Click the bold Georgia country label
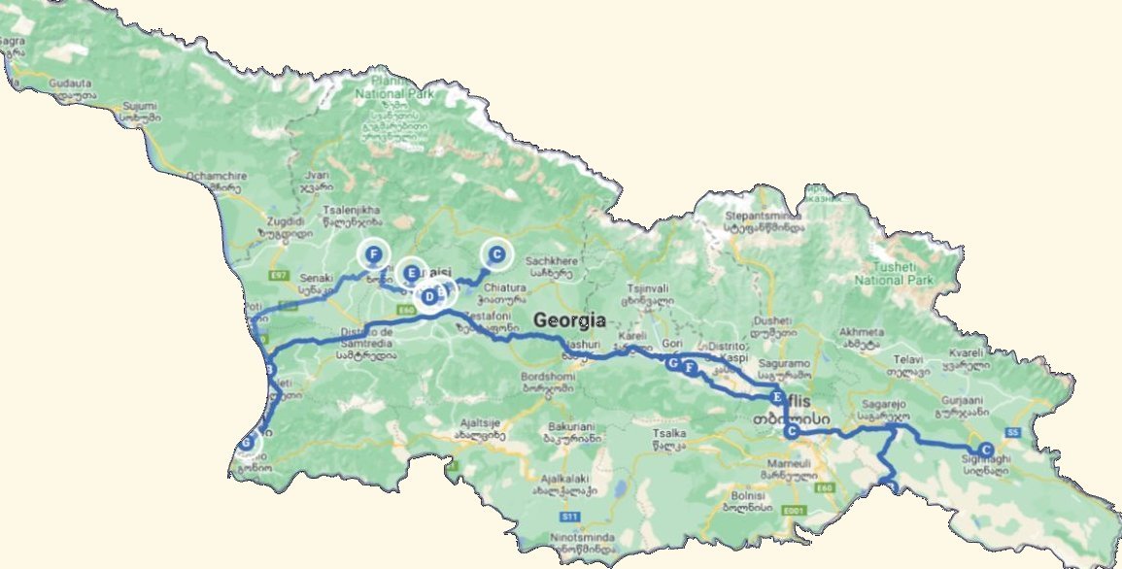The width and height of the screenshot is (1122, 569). [569, 320]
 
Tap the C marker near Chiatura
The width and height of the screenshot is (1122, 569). [496, 255]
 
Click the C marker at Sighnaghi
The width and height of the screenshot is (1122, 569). [986, 450]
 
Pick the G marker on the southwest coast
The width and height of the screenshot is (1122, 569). [247, 443]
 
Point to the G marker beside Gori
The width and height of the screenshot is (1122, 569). [672, 362]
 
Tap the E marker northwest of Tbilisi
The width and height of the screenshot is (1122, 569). [775, 398]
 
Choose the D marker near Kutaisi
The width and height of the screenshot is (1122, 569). [428, 296]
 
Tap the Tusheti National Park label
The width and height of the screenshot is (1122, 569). [893, 273]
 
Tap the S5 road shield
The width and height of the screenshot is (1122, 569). [1014, 431]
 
